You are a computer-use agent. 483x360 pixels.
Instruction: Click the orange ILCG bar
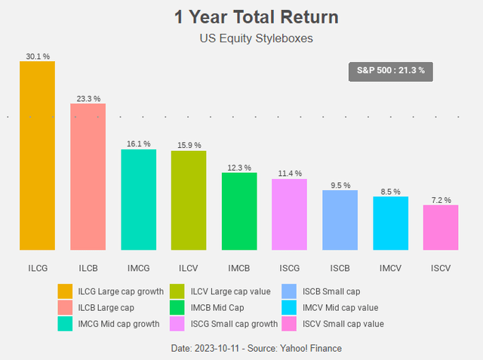pos(37,155)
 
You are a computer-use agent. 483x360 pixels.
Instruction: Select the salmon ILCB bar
pos(88,177)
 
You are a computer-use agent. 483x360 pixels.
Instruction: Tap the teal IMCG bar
pos(138,199)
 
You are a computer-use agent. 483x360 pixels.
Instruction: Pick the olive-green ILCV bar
pos(189,200)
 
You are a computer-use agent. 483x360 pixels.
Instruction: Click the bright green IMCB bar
pos(239,211)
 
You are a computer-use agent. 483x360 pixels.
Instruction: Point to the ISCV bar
pos(441,227)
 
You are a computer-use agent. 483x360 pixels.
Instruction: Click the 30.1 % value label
pos(37,56)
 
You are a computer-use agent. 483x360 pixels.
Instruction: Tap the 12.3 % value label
pos(239,168)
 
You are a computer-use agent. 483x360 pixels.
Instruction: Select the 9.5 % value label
pos(340,185)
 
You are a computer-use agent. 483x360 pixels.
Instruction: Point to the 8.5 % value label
pos(390,192)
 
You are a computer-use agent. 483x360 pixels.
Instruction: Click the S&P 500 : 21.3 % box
pos(391,70)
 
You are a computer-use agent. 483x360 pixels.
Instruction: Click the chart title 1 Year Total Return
pos(245,17)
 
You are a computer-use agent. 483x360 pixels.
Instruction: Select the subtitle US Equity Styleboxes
pos(245,38)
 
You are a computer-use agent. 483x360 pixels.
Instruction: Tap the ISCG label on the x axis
pos(290,267)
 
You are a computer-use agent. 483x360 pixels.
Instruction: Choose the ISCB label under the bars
pos(340,267)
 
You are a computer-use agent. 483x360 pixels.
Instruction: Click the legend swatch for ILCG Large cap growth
pos(66,291)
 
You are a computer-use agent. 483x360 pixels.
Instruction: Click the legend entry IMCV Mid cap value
pos(340,307)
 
